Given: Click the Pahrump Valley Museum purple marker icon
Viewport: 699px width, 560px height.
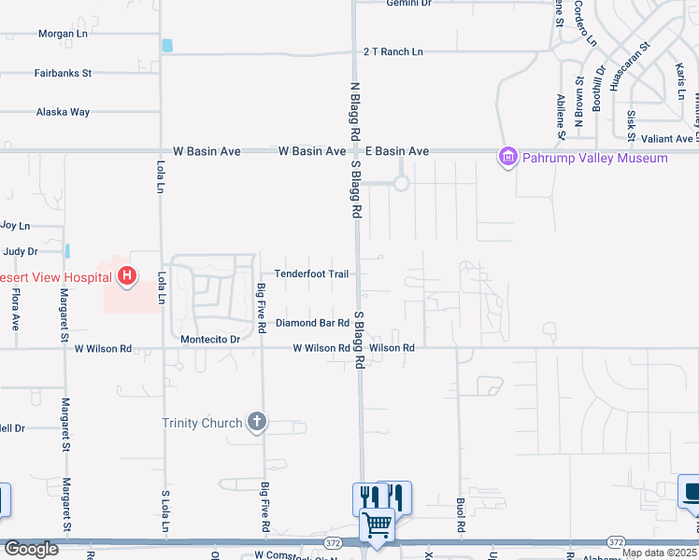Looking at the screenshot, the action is (508, 157).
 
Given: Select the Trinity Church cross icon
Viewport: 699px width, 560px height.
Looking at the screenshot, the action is (257, 423).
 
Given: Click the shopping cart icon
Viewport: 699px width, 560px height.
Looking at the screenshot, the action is (377, 525).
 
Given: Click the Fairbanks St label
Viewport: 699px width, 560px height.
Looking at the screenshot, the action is (63, 72).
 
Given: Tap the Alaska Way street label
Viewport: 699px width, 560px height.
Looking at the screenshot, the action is (63, 112).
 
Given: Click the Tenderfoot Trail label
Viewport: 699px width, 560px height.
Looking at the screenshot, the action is (311, 274).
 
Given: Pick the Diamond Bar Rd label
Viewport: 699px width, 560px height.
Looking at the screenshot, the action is (312, 324).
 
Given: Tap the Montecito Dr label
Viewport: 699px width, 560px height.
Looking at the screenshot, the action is (210, 340).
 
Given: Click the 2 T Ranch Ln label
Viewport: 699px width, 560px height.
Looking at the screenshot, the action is (392, 52).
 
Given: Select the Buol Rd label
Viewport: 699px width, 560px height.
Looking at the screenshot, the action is (461, 512).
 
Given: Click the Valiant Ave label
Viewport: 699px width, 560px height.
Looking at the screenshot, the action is (667, 139).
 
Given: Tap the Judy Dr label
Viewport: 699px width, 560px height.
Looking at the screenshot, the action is (20, 251).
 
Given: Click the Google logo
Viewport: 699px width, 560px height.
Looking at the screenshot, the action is (32, 549).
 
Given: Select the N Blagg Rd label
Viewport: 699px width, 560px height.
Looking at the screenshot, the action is (356, 110).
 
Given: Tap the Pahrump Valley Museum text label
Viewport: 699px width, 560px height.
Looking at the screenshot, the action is (595, 158).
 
